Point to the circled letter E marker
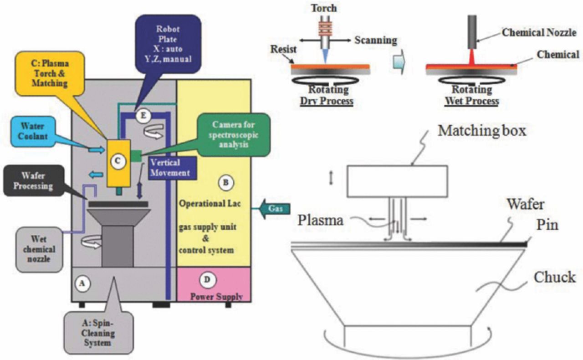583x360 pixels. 143,116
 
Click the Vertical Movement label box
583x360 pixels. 170,167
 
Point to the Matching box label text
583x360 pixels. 482,130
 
